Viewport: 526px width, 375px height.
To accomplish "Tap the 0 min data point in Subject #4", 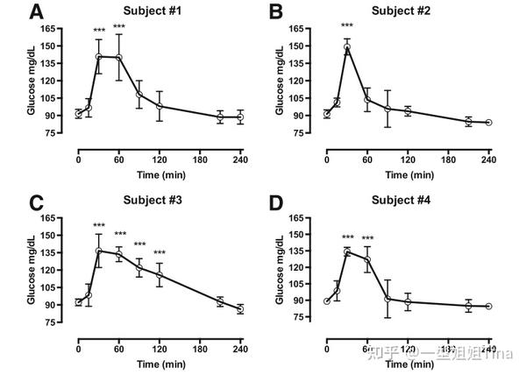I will tap(327, 301).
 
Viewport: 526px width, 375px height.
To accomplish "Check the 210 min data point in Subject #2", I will tap(468, 122).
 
